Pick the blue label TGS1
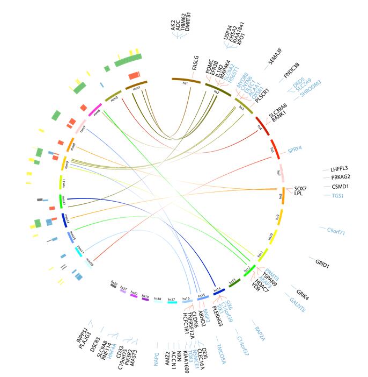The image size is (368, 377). (x=338, y=196)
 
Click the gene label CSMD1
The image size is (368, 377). (x=341, y=186)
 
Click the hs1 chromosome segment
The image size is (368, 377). (x=186, y=81)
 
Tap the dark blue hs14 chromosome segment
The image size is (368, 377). (x=219, y=291)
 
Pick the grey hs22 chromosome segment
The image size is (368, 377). (x=114, y=284)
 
